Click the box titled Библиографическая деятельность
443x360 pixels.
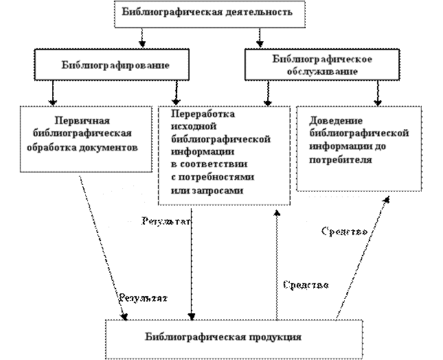pyautogui.click(x=209, y=14)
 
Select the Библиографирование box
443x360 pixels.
pyautogui.click(x=112, y=65)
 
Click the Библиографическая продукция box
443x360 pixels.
pyautogui.click(x=234, y=338)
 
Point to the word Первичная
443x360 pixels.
pyautogui.click(x=87, y=120)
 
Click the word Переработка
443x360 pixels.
pyautogui.click(x=202, y=113)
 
